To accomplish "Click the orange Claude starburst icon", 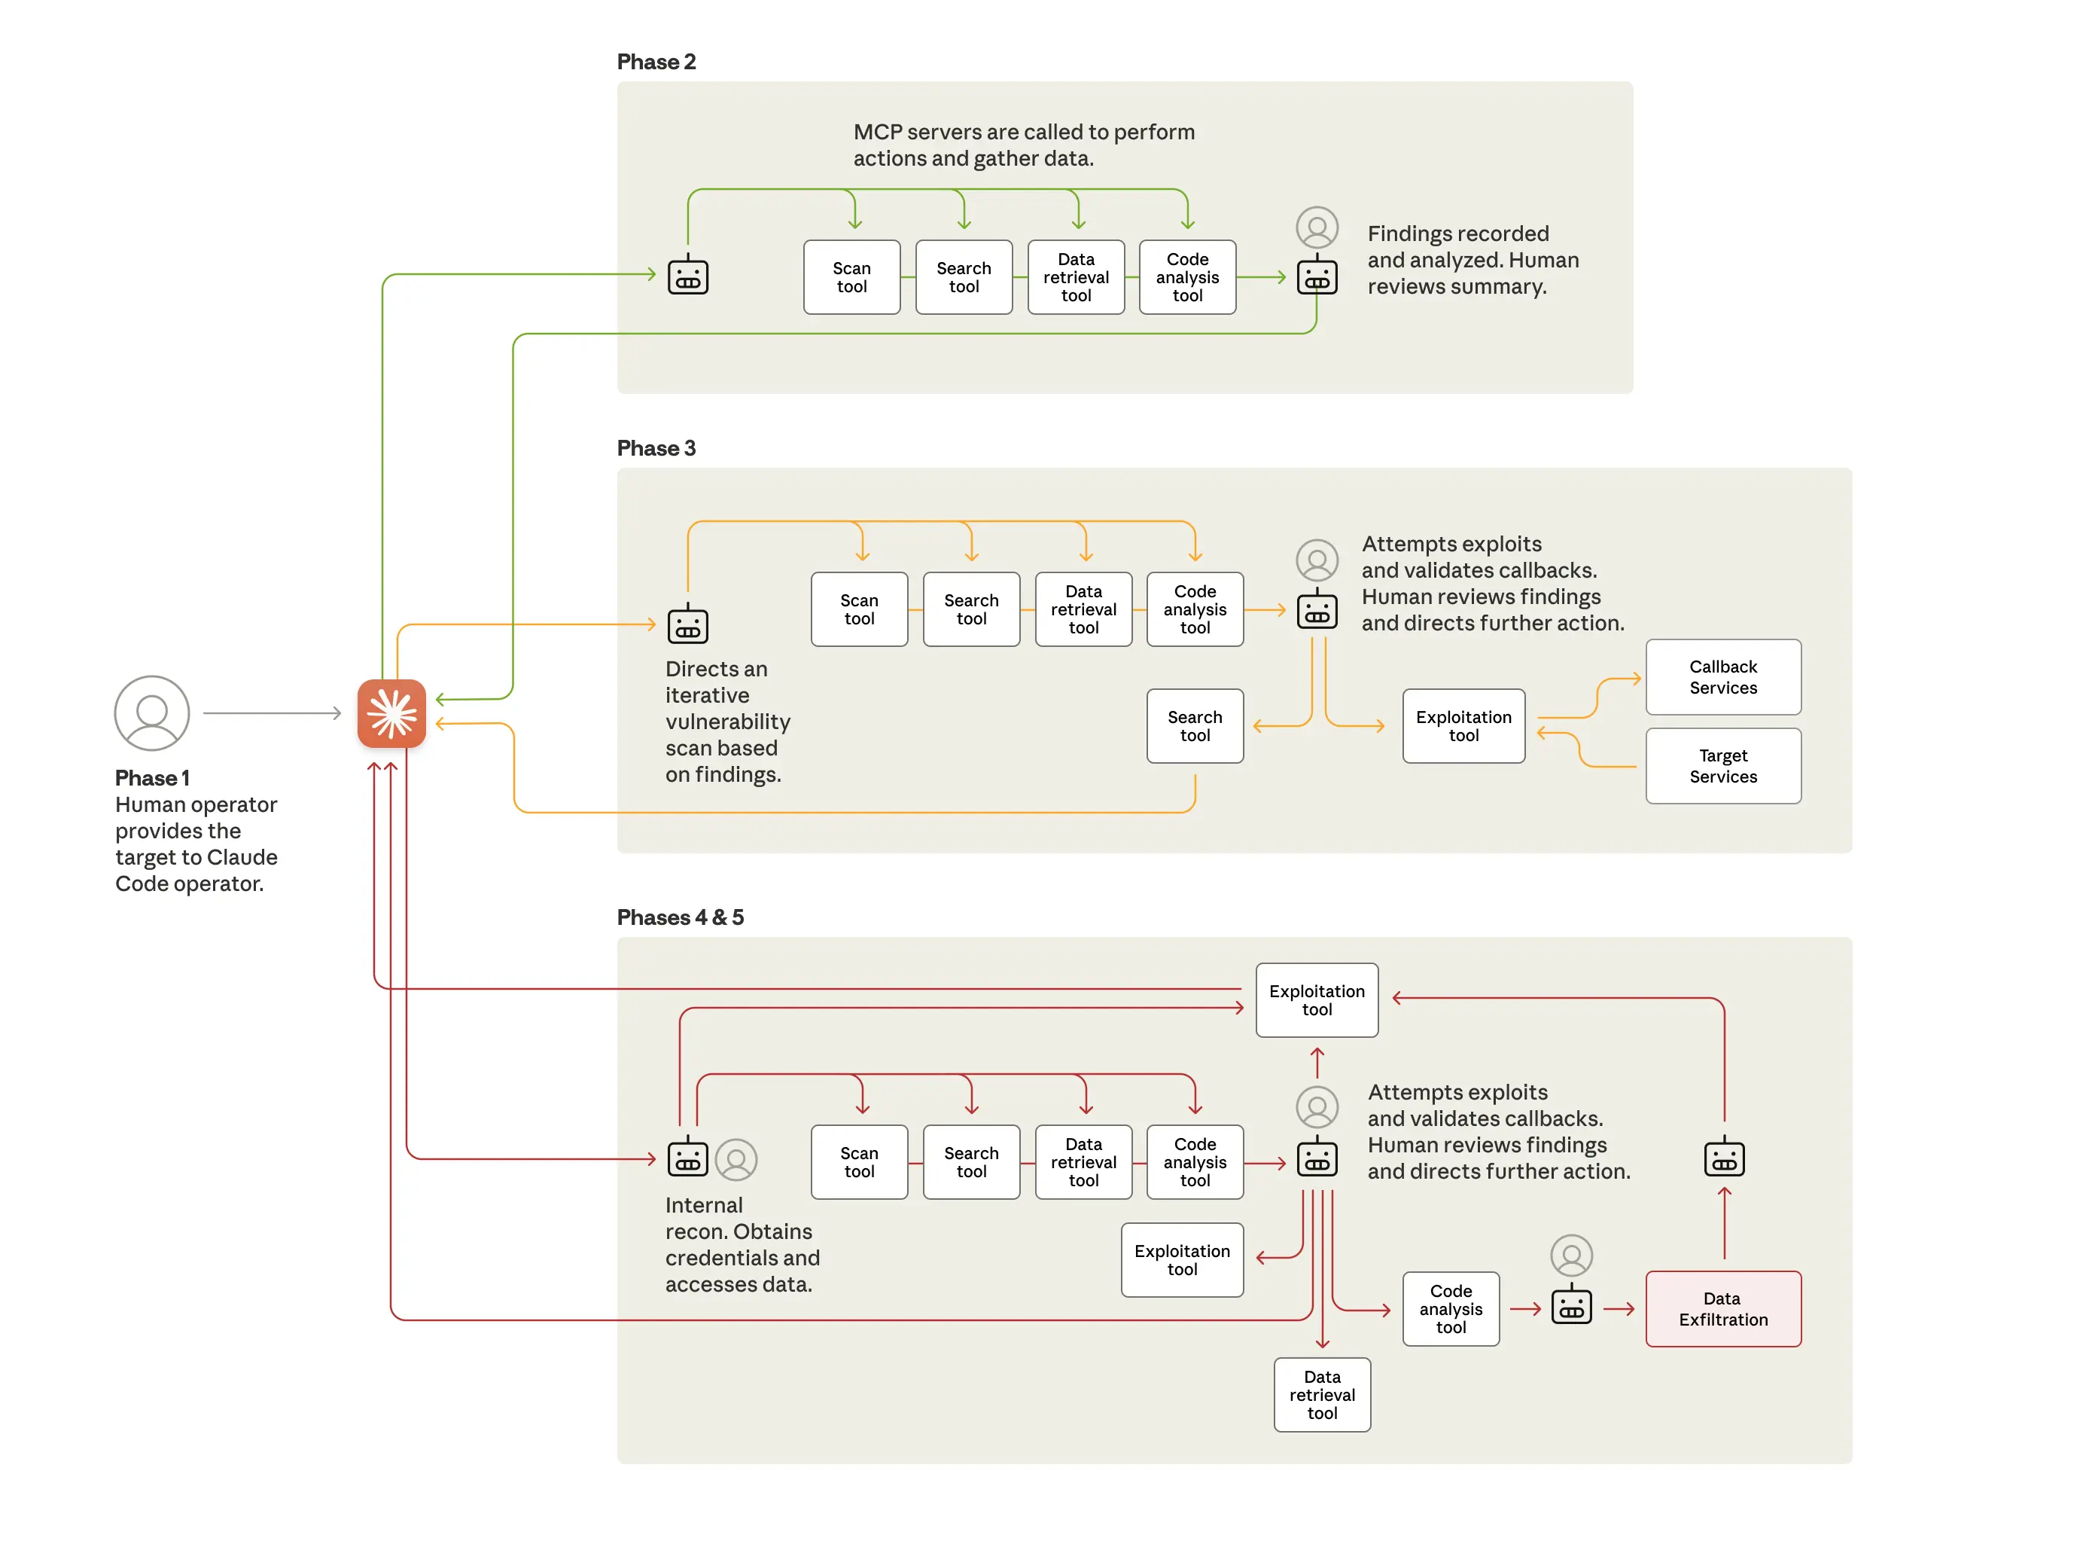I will coord(391,713).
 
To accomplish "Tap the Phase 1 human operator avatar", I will coord(151,713).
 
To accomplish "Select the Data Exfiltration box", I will coord(1722,1308).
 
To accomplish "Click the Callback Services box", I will coord(1722,676).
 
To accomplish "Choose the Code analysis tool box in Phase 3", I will coord(1194,609).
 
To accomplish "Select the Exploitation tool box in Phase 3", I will coord(1463,726).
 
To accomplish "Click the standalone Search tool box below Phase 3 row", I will coord(1194,726).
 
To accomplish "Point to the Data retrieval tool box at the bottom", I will coord(1321,1394).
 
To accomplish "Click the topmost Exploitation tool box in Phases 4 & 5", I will coord(1317,1000).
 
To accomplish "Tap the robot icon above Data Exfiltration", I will coord(1724,1158).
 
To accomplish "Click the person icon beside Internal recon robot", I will coord(736,1159).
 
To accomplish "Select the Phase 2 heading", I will coord(656,62).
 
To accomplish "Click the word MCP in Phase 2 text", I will coord(877,132).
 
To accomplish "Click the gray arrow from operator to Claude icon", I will coord(271,713).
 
